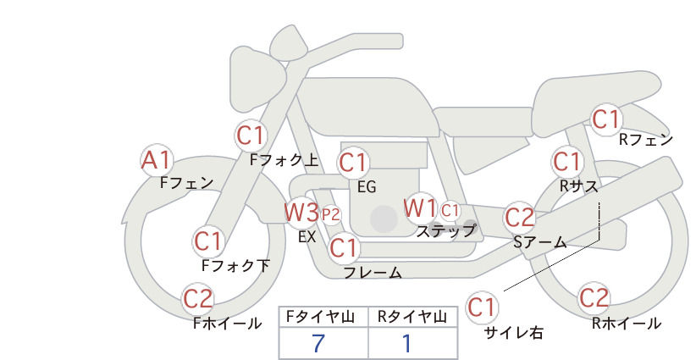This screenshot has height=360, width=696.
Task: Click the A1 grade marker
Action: pyautogui.click(x=156, y=160)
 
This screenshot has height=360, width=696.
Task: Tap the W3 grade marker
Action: pyautogui.click(x=301, y=212)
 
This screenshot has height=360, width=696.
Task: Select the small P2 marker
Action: pyautogui.click(x=331, y=215)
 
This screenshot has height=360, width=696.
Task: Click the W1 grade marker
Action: pyautogui.click(x=420, y=208)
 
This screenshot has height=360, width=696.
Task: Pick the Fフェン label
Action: pyautogui.click(x=187, y=183)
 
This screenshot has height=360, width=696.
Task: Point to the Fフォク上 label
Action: pyautogui.click(x=284, y=160)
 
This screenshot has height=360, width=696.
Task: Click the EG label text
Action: pyautogui.click(x=367, y=187)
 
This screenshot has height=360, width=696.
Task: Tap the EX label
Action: pyautogui.click(x=307, y=237)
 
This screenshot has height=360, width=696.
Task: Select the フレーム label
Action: pyautogui.click(x=373, y=273)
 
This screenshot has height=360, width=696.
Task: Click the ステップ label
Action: pyautogui.click(x=445, y=231)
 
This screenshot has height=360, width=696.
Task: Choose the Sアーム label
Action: pyautogui.click(x=540, y=242)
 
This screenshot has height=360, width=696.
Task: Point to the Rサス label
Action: pyautogui.click(x=579, y=186)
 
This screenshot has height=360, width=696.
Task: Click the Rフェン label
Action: pyautogui.click(x=646, y=140)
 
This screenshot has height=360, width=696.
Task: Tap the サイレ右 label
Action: pyautogui.click(x=514, y=333)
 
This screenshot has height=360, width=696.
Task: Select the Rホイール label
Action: pyautogui.click(x=627, y=324)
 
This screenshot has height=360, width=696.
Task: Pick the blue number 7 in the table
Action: pyautogui.click(x=318, y=343)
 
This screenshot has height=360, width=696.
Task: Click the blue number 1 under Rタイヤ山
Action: pyautogui.click(x=406, y=343)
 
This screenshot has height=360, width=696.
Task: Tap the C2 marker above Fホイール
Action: pyautogui.click(x=198, y=299)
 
